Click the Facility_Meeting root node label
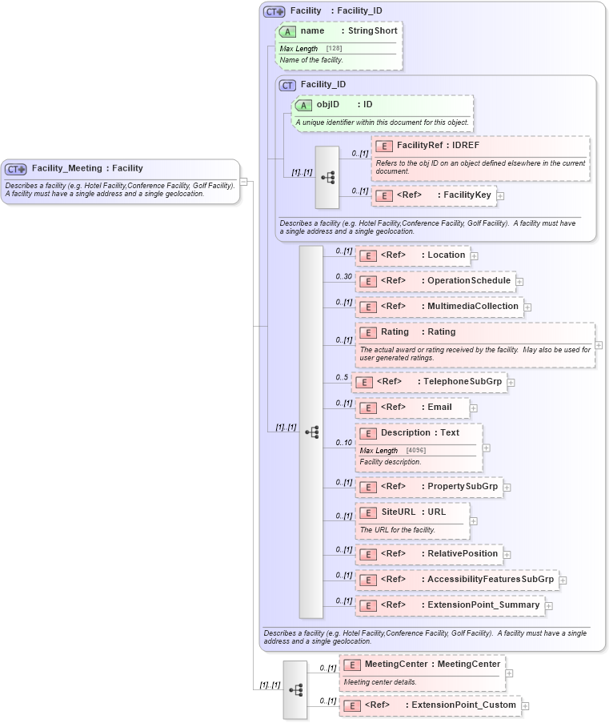coord(86,169)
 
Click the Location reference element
coord(412,255)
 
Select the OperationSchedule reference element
coord(435,281)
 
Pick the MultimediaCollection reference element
coord(439,307)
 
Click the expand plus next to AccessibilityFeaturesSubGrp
coord(563,580)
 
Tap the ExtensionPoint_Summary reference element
coord(449,605)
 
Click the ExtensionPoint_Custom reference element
coord(430,705)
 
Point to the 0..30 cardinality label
coord(343,277)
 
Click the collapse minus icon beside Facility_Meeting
coord(244,182)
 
